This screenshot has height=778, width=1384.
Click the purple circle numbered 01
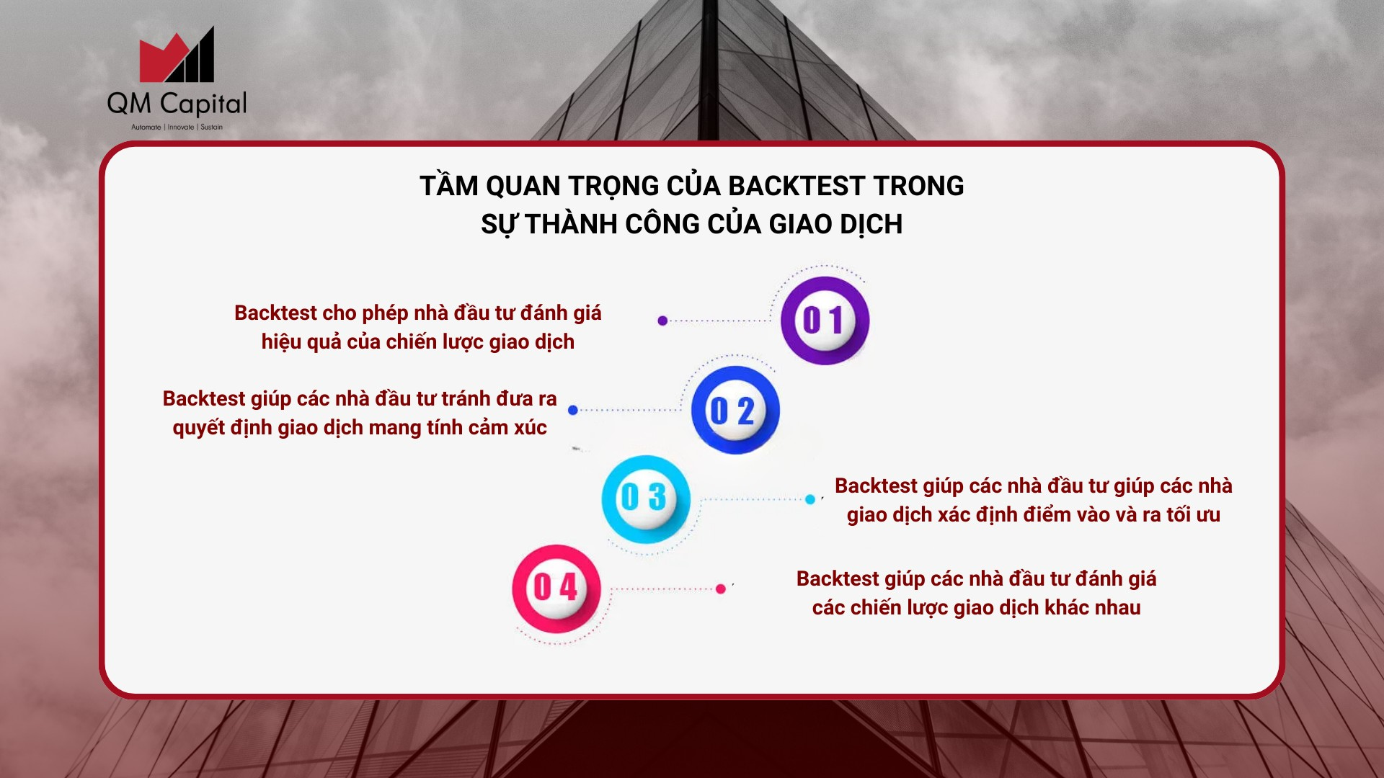[x=825, y=321]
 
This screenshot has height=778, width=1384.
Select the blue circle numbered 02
[x=735, y=410]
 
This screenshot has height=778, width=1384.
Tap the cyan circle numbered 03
[x=646, y=499]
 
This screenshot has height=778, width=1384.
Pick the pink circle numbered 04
[x=556, y=589]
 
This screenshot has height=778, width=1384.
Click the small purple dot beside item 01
[x=662, y=321]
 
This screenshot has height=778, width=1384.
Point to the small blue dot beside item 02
[x=573, y=410]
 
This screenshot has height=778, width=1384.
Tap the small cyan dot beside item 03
[x=810, y=499]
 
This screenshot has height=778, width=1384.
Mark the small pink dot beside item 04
[x=721, y=589]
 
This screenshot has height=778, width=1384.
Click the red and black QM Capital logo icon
[x=177, y=55]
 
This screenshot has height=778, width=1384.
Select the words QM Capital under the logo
[x=177, y=104]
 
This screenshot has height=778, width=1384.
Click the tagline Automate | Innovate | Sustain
[x=177, y=128]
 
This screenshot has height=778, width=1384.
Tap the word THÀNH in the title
[x=571, y=224]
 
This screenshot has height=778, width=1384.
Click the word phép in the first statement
[x=386, y=313]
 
